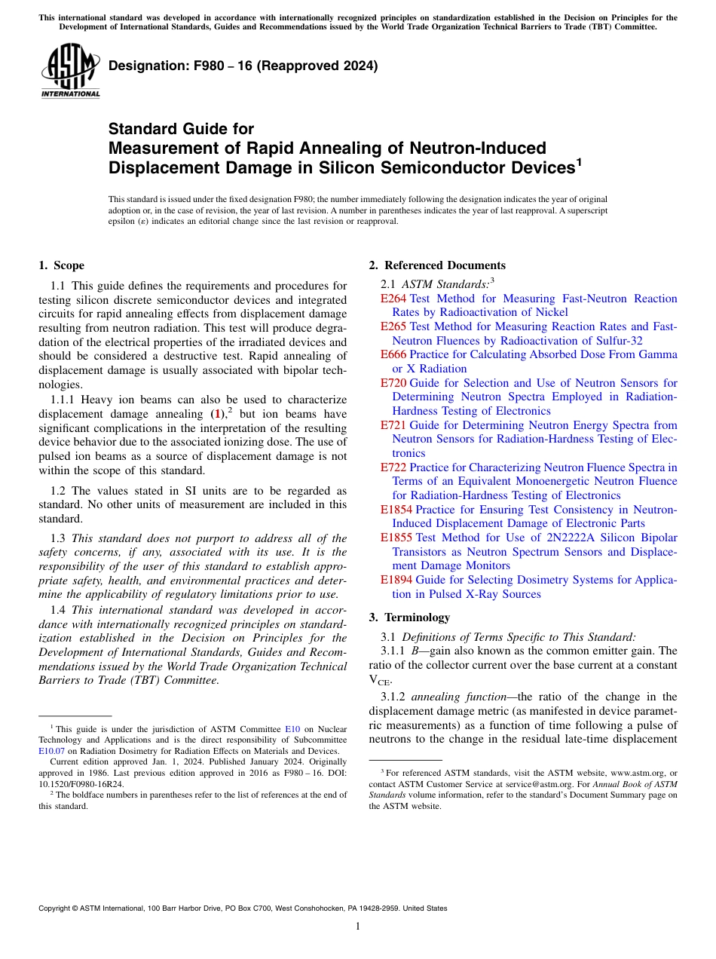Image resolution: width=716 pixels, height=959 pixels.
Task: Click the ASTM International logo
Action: pos(70,72)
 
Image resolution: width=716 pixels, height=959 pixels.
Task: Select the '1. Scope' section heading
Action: pos(61,265)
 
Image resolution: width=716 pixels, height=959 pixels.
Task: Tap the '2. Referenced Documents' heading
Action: pos(437,265)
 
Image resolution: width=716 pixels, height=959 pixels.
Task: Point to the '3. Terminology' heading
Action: pos(409,617)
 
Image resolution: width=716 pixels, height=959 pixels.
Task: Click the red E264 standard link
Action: pos(393,299)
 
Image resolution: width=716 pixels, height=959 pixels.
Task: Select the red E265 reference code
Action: pos(393,326)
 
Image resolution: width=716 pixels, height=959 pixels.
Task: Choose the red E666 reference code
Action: pos(393,354)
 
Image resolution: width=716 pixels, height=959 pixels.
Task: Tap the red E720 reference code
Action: pos(393,383)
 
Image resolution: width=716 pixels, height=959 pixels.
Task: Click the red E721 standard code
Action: pos(393,425)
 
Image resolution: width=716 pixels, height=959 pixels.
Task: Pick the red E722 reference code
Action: pos(393,467)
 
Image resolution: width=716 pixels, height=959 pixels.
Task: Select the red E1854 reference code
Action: pos(396,510)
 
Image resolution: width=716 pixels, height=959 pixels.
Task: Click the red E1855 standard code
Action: pos(396,538)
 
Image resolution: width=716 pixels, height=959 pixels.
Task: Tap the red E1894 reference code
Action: pos(396,580)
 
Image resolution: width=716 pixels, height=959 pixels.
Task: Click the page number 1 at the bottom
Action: pos(358,927)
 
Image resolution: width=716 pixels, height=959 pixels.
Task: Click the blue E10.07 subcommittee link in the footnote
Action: pos(51,750)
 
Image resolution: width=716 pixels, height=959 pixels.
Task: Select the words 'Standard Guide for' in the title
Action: pos(181,129)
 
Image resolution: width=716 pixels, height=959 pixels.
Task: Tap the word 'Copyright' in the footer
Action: pos(57,908)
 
